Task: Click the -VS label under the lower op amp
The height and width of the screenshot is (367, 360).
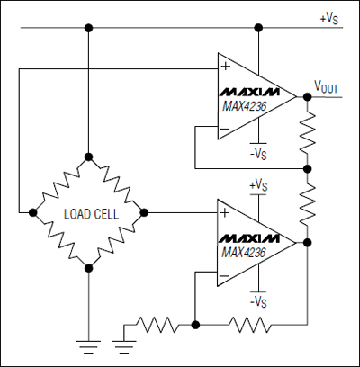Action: point(258,301)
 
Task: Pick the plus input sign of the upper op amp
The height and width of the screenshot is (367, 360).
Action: point(224,66)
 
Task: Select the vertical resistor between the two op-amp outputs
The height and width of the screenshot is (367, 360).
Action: point(308,204)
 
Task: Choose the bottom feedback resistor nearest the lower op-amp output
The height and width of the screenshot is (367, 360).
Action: point(253,321)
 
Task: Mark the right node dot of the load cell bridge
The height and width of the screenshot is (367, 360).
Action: point(143,213)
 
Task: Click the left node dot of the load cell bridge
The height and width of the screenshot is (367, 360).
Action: point(32,213)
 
